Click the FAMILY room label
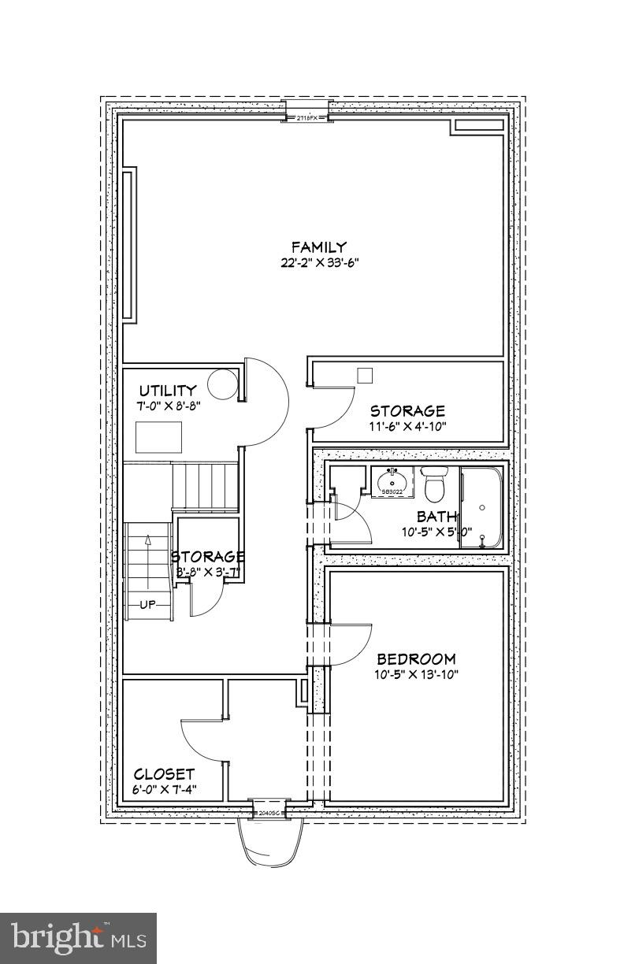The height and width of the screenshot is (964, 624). click(x=318, y=247)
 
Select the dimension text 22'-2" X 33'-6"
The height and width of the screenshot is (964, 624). click(x=318, y=263)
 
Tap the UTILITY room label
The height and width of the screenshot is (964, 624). click(x=168, y=391)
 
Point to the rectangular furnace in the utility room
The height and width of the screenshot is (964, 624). click(x=158, y=437)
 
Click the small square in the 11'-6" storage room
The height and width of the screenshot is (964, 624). click(x=364, y=376)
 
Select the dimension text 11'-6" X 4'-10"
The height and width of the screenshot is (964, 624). click(x=408, y=426)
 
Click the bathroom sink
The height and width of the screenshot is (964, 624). click(x=392, y=480)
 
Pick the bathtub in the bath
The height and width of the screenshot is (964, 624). click(x=481, y=508)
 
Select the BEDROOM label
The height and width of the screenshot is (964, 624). click(x=416, y=659)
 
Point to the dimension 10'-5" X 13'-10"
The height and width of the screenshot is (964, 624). click(x=416, y=674)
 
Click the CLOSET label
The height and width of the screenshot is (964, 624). click(x=164, y=774)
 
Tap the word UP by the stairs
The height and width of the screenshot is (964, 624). click(x=148, y=605)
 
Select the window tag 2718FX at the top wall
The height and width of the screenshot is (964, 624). click(x=306, y=118)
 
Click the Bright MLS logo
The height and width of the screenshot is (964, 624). click(x=78, y=938)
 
